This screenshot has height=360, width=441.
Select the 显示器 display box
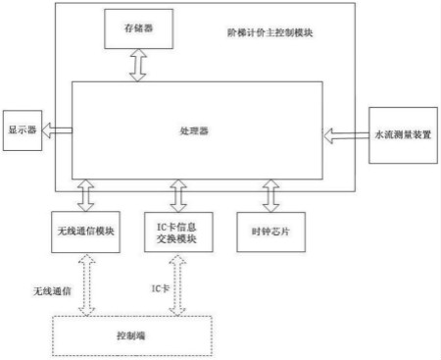tap(22, 129)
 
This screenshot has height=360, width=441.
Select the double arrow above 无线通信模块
tap(86, 194)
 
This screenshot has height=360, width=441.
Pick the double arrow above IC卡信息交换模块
tap(177, 194)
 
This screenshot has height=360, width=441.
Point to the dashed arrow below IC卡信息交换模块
tap(178, 284)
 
